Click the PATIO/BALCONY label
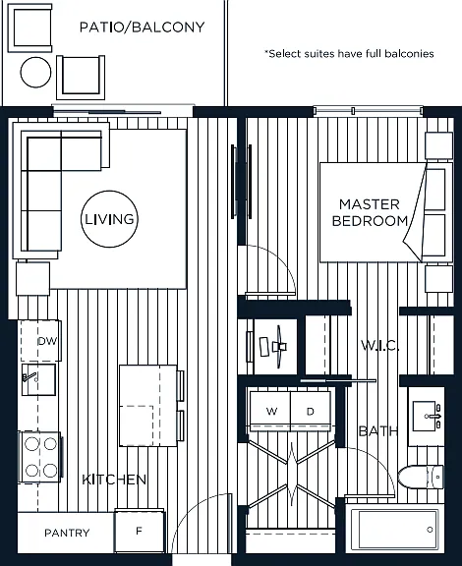coord(142,28)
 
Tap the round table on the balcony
coord(35,72)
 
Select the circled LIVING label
coord(109,219)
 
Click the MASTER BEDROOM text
coord(370,212)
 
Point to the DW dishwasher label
coord(48,341)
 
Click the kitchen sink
coord(38,379)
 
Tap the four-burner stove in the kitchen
coord(40,457)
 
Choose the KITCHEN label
coord(114,480)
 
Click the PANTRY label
coord(67,533)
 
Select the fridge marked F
coord(140,532)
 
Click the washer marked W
coord(270,411)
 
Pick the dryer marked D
coord(311,411)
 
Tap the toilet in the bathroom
coord(421,477)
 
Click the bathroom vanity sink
coord(427,417)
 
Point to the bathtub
coord(396,530)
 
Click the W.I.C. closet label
coord(380,346)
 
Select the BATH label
coord(378,430)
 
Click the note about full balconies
coord(349,54)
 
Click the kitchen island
coord(148,406)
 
